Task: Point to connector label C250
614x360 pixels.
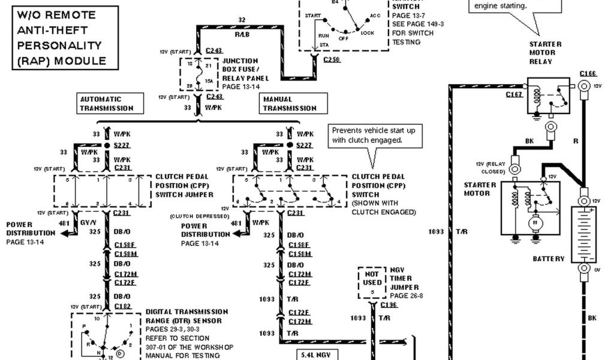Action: click(x=330, y=61)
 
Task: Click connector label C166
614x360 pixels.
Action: click(x=588, y=74)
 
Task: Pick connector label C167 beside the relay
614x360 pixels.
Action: click(x=514, y=94)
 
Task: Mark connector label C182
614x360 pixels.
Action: click(x=122, y=306)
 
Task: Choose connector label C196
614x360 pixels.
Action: click(x=389, y=305)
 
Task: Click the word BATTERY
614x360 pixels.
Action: click(x=549, y=259)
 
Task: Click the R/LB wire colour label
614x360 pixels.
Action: click(x=242, y=35)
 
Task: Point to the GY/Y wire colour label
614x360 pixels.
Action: click(x=89, y=222)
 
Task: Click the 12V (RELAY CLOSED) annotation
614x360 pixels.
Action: click(x=490, y=167)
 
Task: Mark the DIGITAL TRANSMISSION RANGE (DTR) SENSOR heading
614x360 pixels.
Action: click(x=186, y=316)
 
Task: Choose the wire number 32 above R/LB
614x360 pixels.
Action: click(x=242, y=20)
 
